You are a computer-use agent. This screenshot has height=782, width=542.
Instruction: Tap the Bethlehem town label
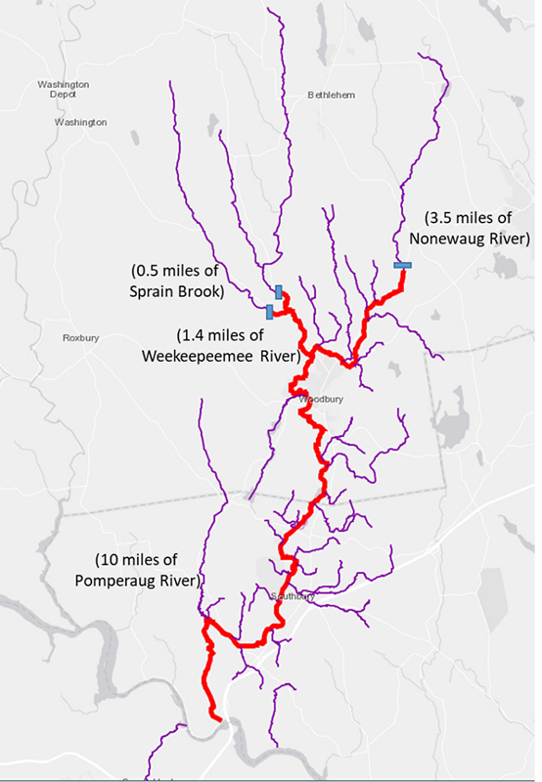click(x=331, y=95)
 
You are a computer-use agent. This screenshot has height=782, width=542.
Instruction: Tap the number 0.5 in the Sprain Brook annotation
click(x=153, y=271)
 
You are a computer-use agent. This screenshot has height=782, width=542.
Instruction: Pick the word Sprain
click(x=154, y=291)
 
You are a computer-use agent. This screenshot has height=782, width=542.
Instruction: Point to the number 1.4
click(x=196, y=333)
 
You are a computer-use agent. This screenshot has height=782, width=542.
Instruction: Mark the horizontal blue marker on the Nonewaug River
click(x=402, y=264)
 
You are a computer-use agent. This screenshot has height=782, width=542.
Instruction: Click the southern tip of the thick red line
click(x=220, y=720)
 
